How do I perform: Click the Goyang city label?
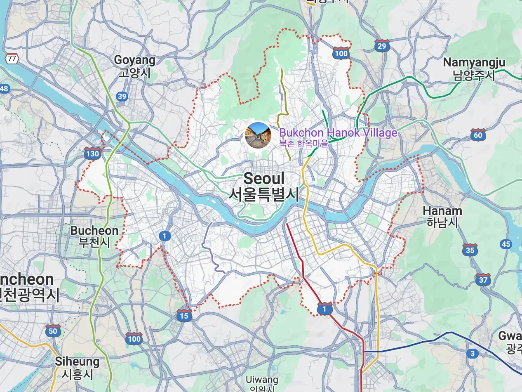tap(135, 66)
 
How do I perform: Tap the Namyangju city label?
tap(474, 68)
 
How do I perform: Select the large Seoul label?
tap(264, 186)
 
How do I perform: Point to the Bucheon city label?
tap(94, 236)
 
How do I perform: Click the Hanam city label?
tap(442, 217)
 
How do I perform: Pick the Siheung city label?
tap(78, 368)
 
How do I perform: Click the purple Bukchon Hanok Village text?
tap(338, 133)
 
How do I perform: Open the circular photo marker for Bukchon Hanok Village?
tap(258, 135)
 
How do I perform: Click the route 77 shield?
tap(12, 58)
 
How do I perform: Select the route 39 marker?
tap(122, 97)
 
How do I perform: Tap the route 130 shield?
tap(92, 154)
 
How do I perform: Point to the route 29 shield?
tap(382, 46)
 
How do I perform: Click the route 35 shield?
tap(470, 250)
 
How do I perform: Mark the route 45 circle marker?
tap(506, 244)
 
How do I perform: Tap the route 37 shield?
tap(483, 280)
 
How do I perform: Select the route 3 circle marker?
tap(473, 354)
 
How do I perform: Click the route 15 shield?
tap(184, 316)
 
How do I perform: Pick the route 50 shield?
tap(53, 331)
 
